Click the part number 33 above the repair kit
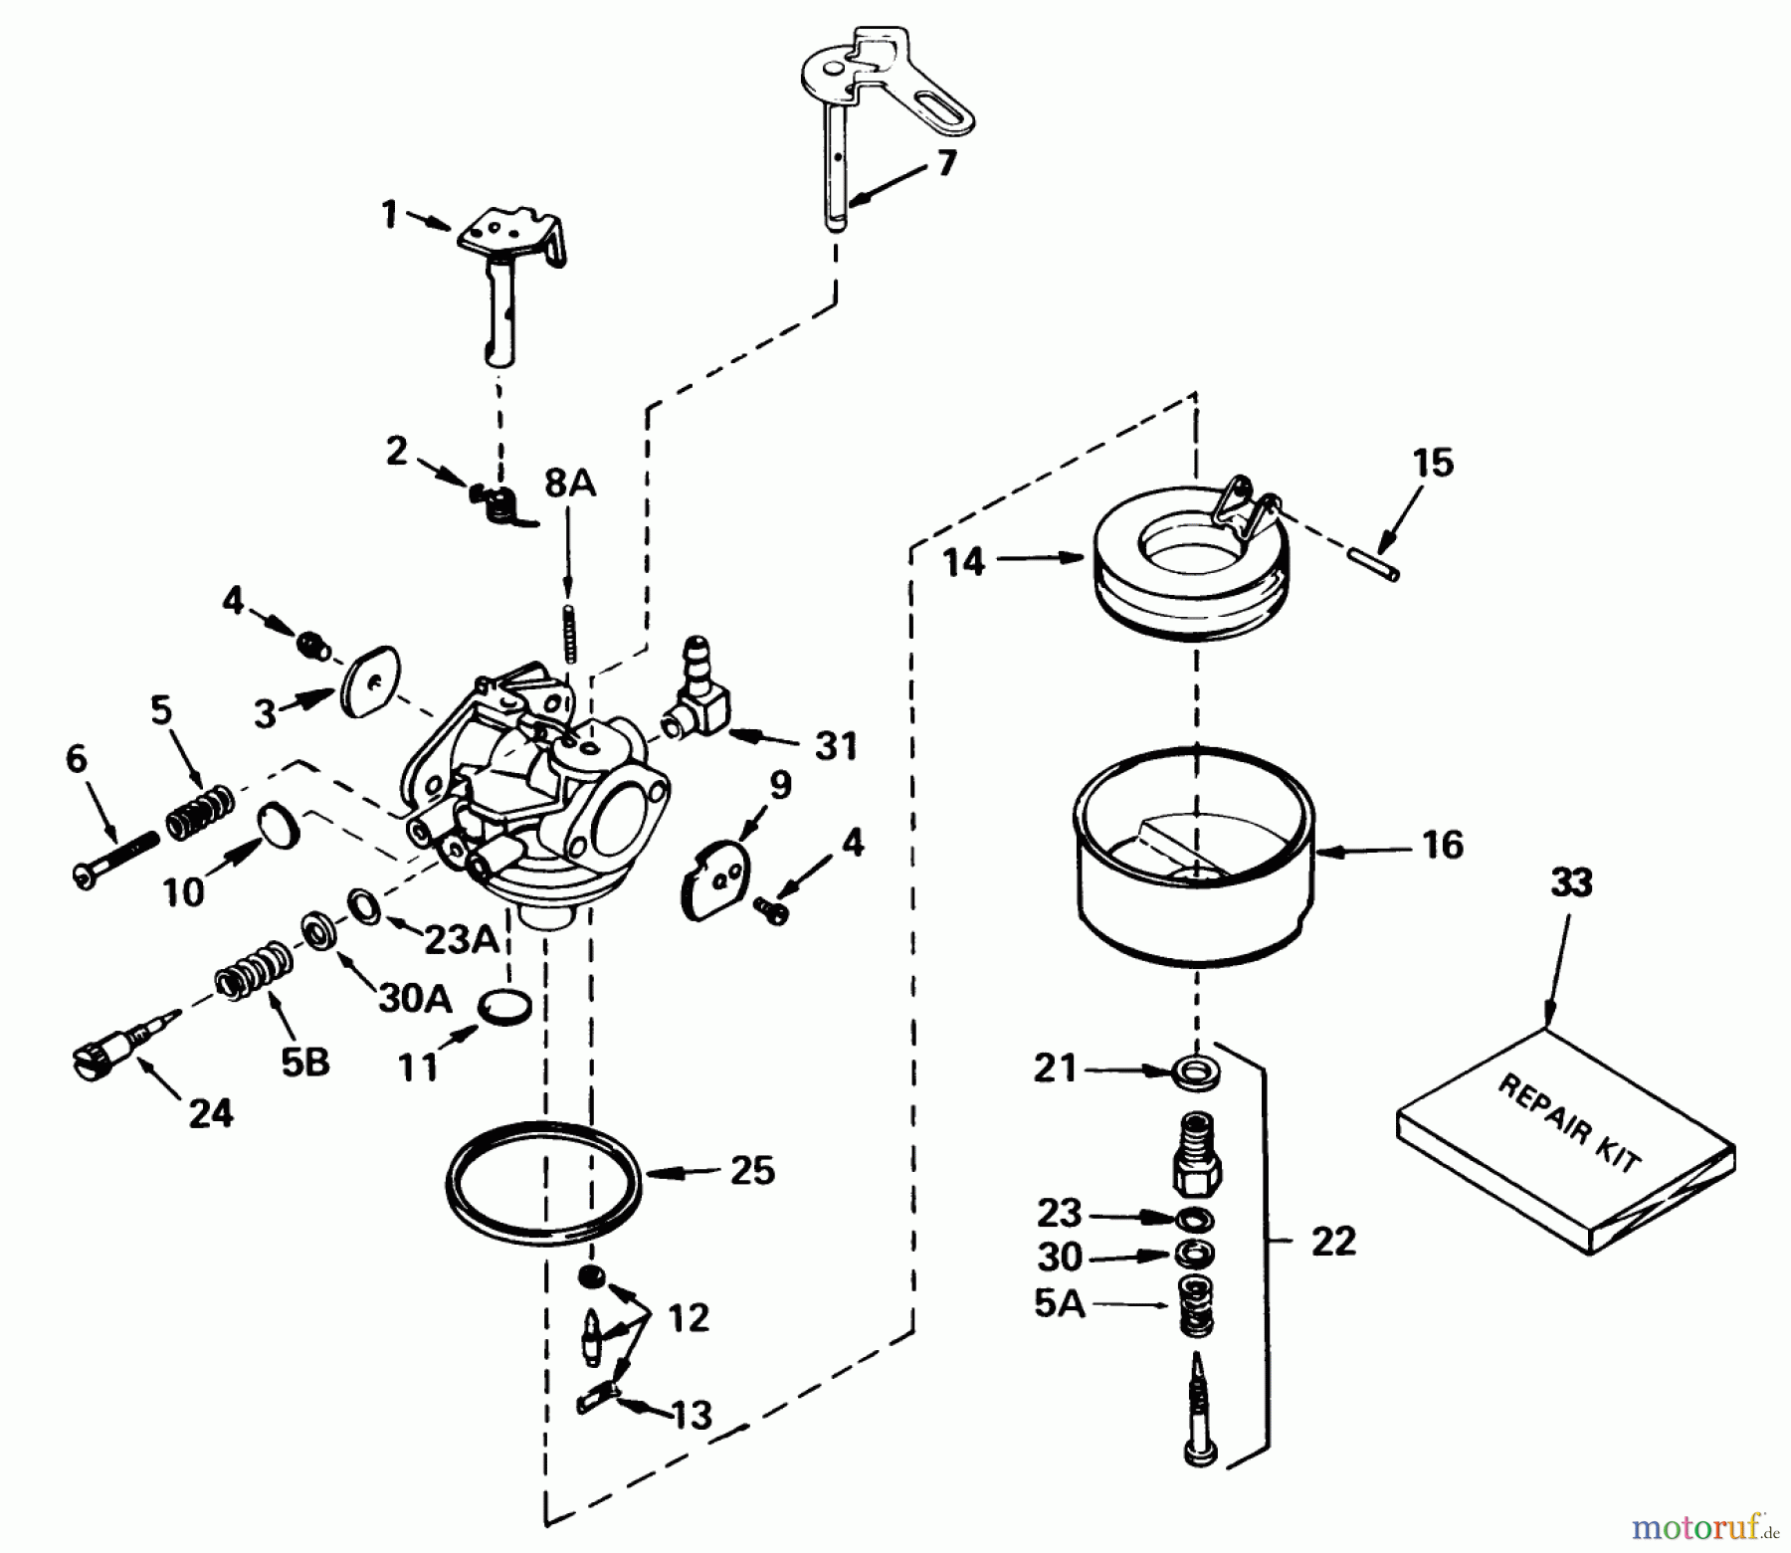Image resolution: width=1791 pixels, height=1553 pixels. tap(1571, 882)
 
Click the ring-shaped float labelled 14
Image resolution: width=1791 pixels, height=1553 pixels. tap(1189, 577)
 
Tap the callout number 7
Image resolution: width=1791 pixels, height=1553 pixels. tap(945, 162)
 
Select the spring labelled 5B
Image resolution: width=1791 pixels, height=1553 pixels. tap(254, 974)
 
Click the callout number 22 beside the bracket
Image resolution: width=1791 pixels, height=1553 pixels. tap(1332, 1241)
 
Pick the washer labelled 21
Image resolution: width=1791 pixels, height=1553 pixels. tap(1188, 1072)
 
